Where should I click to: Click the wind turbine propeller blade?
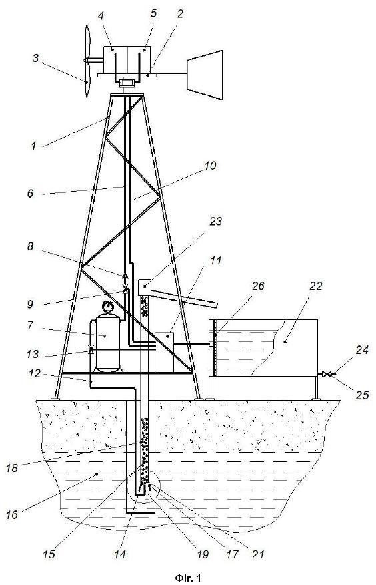[x=87, y=61]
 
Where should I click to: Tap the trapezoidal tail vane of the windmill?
[x=205, y=75]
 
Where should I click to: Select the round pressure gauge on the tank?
[x=108, y=306]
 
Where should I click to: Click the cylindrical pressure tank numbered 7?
[x=108, y=342]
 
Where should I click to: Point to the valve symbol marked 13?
[x=91, y=349]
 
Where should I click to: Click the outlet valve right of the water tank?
[x=327, y=374]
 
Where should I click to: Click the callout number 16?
[x=12, y=514]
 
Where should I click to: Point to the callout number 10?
[x=211, y=165]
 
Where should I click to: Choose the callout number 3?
[x=35, y=58]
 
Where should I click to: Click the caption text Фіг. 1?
[x=187, y=578]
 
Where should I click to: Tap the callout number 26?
[x=258, y=286]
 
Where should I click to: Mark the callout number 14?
[x=119, y=554]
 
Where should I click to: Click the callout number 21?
[x=257, y=554]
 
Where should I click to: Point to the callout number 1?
[x=34, y=145]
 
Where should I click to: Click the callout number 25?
[x=362, y=395]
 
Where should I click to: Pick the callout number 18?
[x=12, y=468]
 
